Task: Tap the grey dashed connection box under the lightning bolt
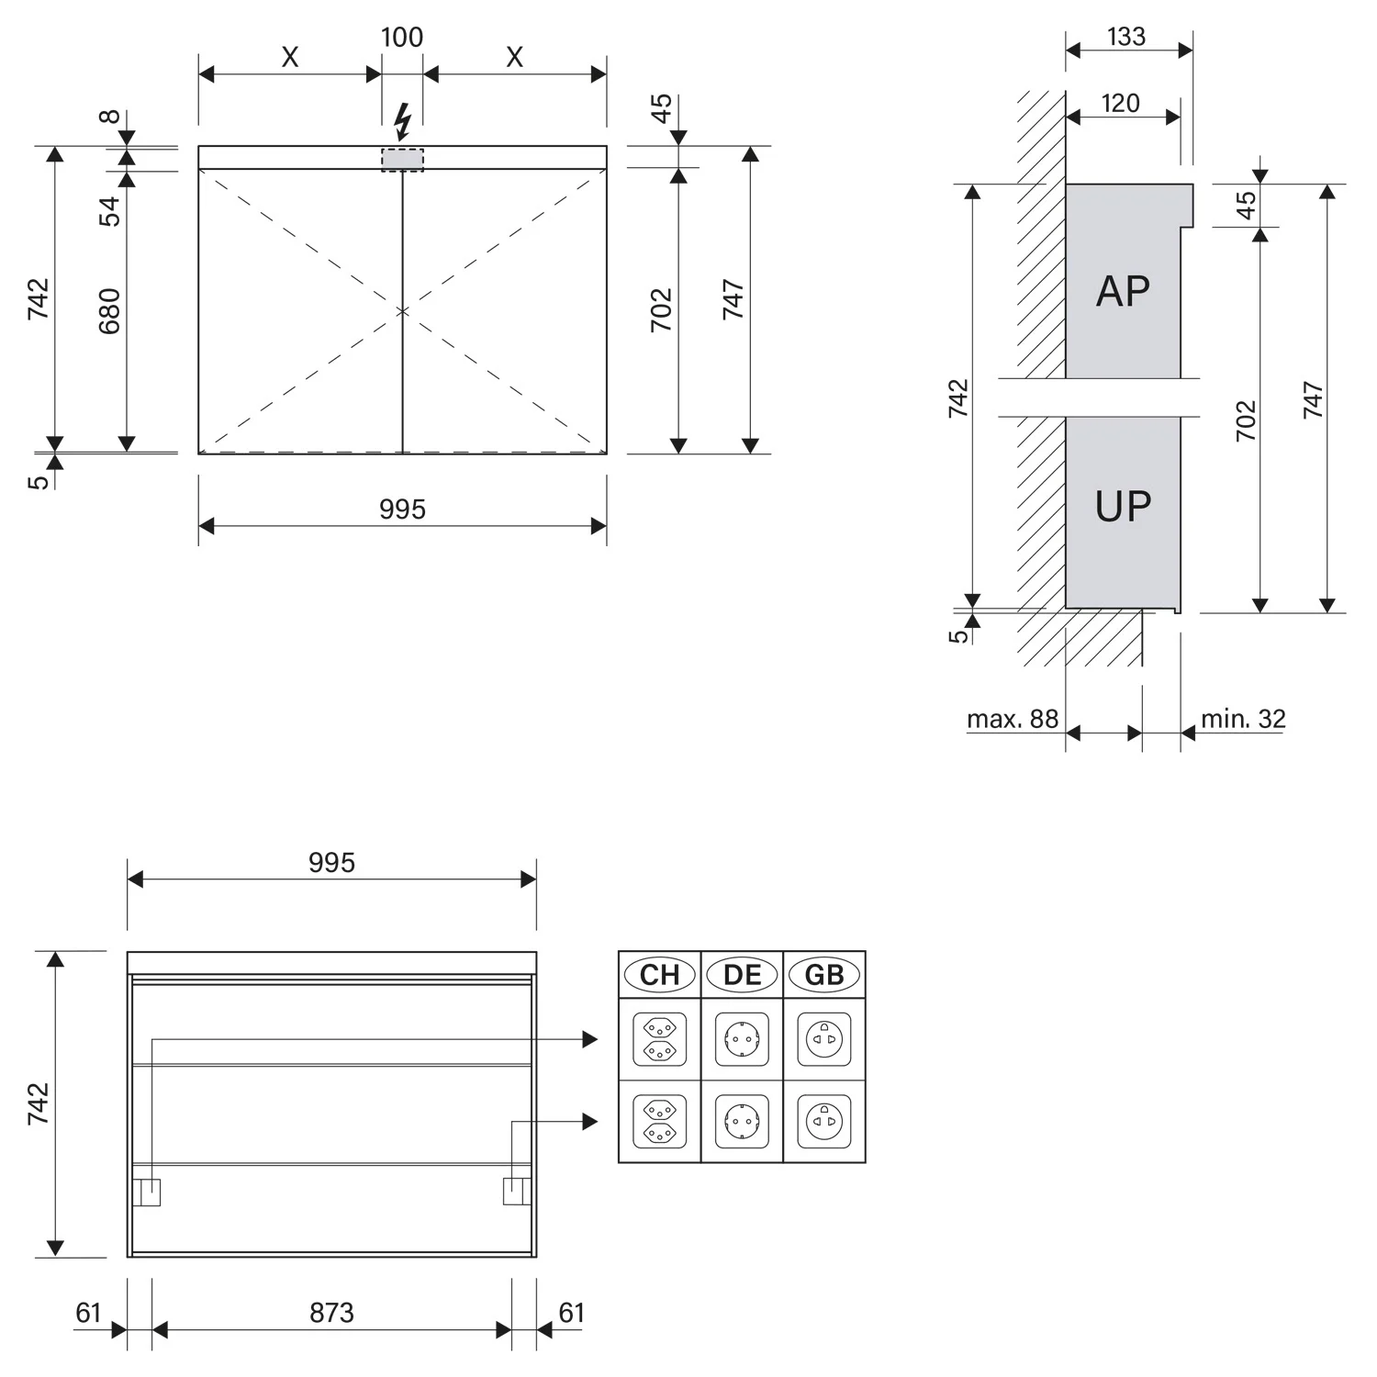point(403,159)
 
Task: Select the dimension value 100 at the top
point(402,38)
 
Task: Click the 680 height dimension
point(109,311)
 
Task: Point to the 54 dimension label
point(109,211)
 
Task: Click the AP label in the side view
point(1123,292)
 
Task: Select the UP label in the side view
point(1123,507)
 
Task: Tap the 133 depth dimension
point(1126,37)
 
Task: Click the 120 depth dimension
point(1121,103)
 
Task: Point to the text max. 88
point(1013,719)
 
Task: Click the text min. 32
point(1243,719)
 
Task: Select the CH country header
point(659,975)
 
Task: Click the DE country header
point(742,975)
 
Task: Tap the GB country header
point(823,975)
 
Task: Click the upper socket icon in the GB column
point(823,1039)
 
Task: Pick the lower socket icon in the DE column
point(742,1121)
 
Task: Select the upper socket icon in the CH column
point(659,1039)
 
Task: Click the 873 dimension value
point(331,1313)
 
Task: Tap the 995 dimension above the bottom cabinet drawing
point(331,863)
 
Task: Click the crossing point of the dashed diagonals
point(402,311)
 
